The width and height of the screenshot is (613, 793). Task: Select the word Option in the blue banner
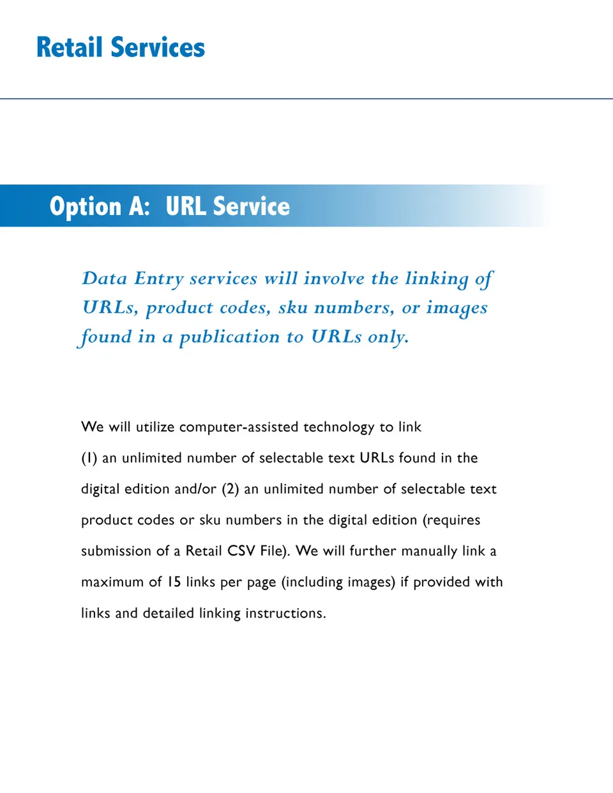85,207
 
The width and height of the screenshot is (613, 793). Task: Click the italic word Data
105,279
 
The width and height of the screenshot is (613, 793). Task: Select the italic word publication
229,337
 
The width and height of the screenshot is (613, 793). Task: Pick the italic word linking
437,279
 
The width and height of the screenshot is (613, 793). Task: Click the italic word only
388,337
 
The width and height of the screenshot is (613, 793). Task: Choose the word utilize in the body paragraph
155,427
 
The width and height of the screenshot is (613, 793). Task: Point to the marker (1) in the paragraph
89,458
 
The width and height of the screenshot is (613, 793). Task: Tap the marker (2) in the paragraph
231,489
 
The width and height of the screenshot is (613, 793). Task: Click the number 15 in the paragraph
174,582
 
